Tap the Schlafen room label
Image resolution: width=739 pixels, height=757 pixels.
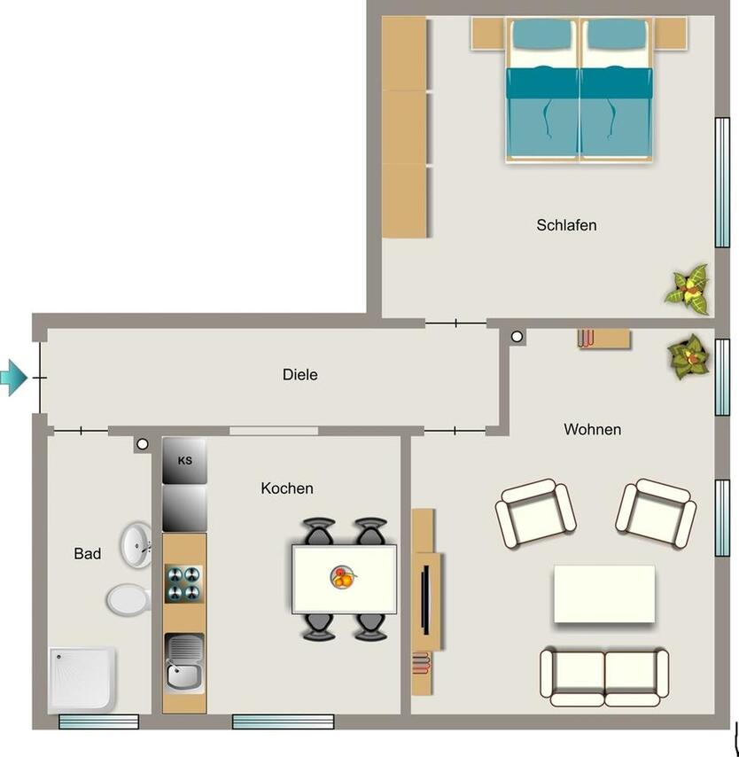(x=566, y=225)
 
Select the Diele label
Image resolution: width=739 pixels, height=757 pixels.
(x=299, y=375)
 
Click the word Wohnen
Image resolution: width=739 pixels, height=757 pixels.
(x=592, y=430)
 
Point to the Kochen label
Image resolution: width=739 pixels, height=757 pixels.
(x=286, y=488)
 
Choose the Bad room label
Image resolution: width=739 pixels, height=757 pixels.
(x=87, y=554)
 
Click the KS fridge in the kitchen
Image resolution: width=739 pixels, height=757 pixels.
(x=184, y=461)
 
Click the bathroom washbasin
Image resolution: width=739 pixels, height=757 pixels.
(x=136, y=544)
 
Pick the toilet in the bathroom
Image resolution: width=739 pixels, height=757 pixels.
(x=127, y=599)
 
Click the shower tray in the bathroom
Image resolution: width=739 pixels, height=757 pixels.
(x=82, y=677)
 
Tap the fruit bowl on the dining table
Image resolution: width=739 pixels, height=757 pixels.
(x=345, y=578)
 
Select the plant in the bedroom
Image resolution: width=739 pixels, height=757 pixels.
(x=688, y=288)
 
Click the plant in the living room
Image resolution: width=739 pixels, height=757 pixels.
(x=688, y=356)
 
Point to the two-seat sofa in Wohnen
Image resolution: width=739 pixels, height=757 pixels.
(x=604, y=675)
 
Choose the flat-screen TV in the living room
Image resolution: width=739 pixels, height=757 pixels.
(x=426, y=599)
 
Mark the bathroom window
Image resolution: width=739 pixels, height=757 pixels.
(x=98, y=722)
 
